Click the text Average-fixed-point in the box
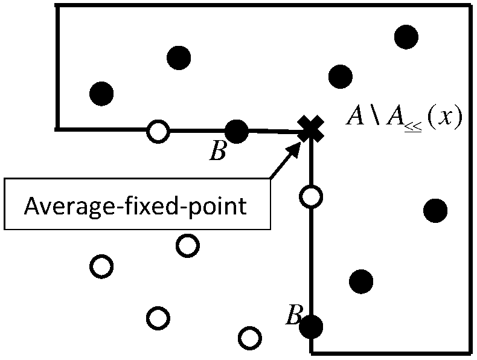click(x=135, y=207)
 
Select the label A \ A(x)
click(x=403, y=117)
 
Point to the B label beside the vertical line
click(x=293, y=316)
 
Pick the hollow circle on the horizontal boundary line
click(x=158, y=130)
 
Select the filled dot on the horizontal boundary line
click(x=236, y=130)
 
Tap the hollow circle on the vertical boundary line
click(x=311, y=196)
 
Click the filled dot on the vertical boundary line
click(x=312, y=327)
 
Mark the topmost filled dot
click(x=406, y=36)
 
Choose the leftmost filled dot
click(x=101, y=93)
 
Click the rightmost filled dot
click(x=435, y=210)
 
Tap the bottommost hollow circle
click(x=249, y=337)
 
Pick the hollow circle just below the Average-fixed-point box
click(x=187, y=245)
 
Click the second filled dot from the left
click(x=179, y=57)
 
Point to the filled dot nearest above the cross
click(x=341, y=76)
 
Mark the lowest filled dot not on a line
click(x=361, y=280)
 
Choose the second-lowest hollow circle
click(x=158, y=317)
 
